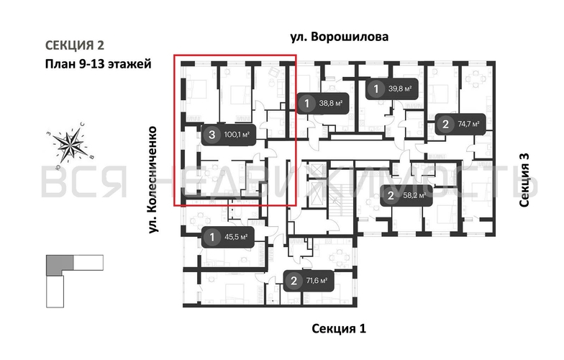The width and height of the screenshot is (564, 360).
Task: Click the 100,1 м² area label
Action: pyautogui.click(x=237, y=133)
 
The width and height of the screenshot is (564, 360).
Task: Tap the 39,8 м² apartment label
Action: pyautogui.click(x=399, y=90)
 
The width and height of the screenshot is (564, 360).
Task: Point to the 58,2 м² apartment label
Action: pyautogui.click(x=414, y=195)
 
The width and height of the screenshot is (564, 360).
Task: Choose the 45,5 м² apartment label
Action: pyautogui.click(x=235, y=236)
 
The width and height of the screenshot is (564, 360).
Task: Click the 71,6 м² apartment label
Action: pyautogui.click(x=315, y=281)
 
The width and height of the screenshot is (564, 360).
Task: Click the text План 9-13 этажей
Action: pyautogui.click(x=97, y=63)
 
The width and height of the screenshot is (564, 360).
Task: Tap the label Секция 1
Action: pyautogui.click(x=339, y=328)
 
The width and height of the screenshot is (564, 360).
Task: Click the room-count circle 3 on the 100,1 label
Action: pyautogui.click(x=211, y=133)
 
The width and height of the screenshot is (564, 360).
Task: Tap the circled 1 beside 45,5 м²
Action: pyautogui.click(x=211, y=236)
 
